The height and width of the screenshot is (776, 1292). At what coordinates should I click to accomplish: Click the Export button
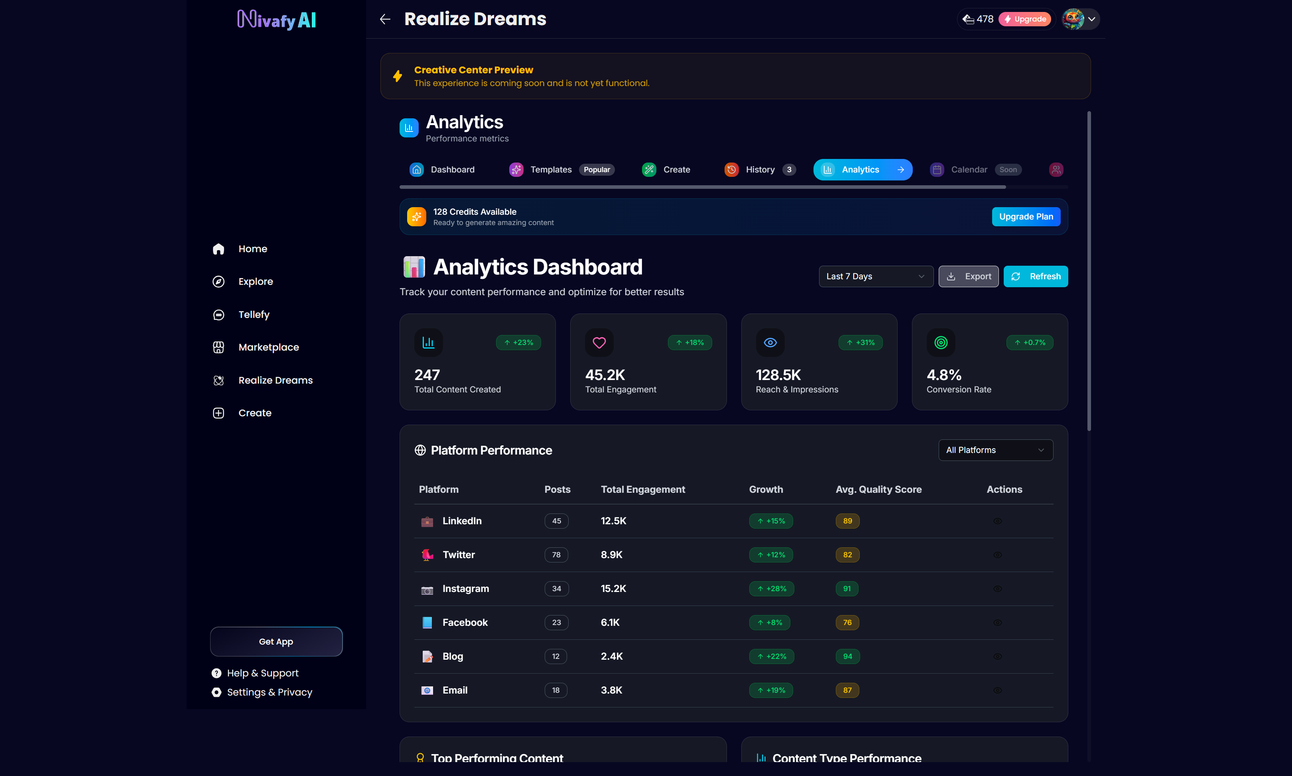968,276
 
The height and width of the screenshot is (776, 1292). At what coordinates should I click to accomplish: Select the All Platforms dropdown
995,450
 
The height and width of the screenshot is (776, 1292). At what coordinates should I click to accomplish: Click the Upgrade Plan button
1026,216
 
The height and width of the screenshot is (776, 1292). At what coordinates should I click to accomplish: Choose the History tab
760,169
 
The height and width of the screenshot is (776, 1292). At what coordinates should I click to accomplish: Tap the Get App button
276,642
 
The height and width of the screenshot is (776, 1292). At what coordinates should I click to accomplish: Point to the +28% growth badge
771,588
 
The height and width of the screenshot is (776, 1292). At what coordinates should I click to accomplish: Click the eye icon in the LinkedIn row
997,521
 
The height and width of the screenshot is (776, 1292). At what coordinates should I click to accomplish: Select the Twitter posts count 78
556,555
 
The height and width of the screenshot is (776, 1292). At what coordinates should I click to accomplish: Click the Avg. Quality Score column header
878,490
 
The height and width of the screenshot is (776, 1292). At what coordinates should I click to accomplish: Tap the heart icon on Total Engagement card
599,343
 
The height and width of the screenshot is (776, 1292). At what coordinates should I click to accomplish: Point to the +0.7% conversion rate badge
1030,343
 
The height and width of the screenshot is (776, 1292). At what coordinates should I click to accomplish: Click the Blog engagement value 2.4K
612,656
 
